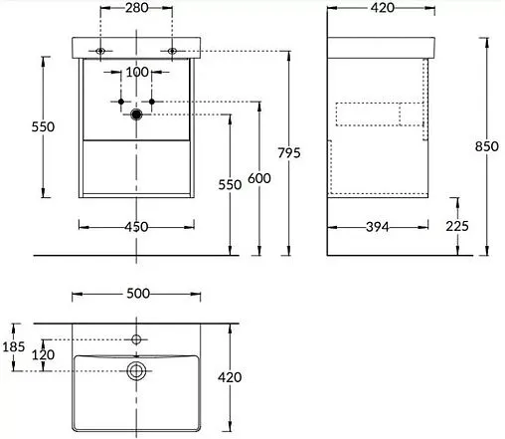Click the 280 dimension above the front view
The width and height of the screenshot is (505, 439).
136,9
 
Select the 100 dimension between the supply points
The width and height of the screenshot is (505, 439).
136,74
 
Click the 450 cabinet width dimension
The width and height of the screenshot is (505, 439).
136,227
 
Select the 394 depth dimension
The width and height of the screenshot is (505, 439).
376,227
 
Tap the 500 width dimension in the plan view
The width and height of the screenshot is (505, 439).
137,294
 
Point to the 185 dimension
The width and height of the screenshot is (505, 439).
14,347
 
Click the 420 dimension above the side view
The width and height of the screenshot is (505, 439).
382,9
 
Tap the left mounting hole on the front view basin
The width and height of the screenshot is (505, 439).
102,51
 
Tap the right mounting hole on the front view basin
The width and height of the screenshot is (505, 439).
172,51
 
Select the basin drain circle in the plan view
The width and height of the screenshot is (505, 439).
137,371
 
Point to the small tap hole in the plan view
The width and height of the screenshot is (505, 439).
137,339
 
